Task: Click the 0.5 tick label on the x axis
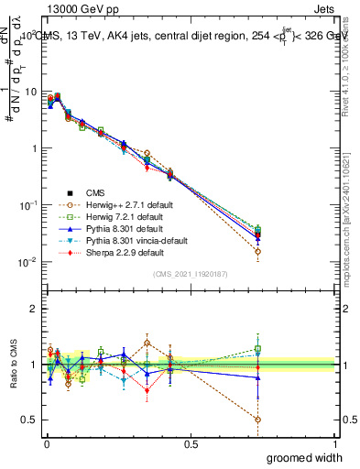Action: (191, 443)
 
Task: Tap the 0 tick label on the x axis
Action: (46, 443)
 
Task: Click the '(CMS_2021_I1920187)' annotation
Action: (191, 274)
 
